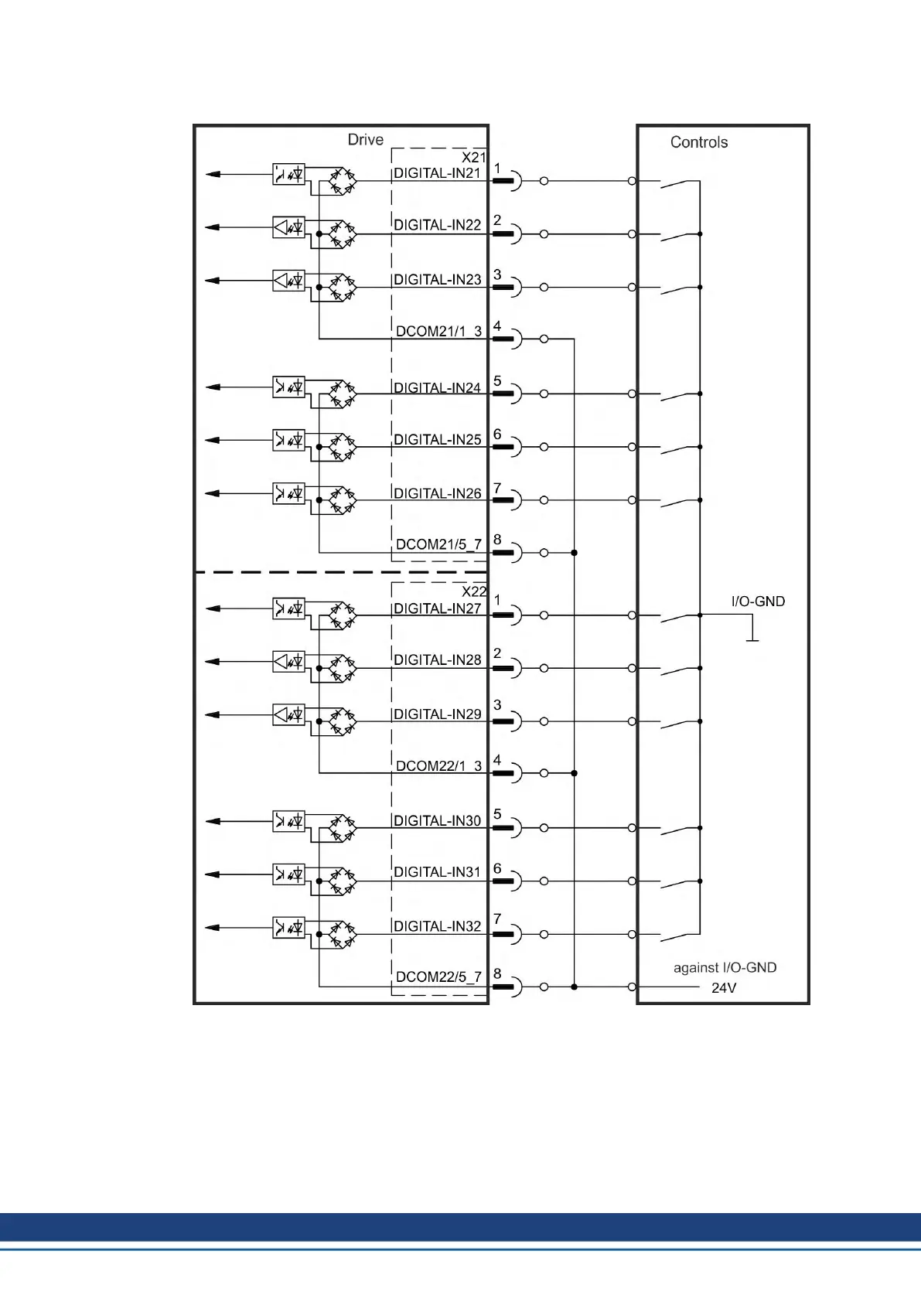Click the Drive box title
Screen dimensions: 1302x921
365,140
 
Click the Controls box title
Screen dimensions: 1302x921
698,142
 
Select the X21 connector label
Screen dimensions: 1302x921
473,157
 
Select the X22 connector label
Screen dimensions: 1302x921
473,591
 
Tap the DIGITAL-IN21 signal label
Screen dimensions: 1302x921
437,173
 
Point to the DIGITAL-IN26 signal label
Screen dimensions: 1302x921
437,493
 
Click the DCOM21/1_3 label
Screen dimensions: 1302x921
438,331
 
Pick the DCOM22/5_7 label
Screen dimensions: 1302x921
438,976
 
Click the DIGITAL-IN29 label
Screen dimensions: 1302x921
437,714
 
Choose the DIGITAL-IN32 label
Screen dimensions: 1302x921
437,926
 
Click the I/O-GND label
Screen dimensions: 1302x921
758,602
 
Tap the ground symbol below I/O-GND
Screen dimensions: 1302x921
751,639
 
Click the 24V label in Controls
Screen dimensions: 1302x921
723,988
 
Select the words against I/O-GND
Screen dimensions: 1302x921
725,968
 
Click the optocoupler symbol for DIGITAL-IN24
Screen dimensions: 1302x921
288,387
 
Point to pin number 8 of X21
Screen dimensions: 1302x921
497,540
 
